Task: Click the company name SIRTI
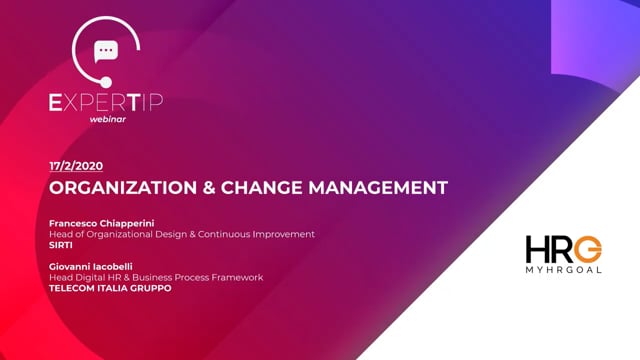61,244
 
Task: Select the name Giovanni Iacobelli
94,266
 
